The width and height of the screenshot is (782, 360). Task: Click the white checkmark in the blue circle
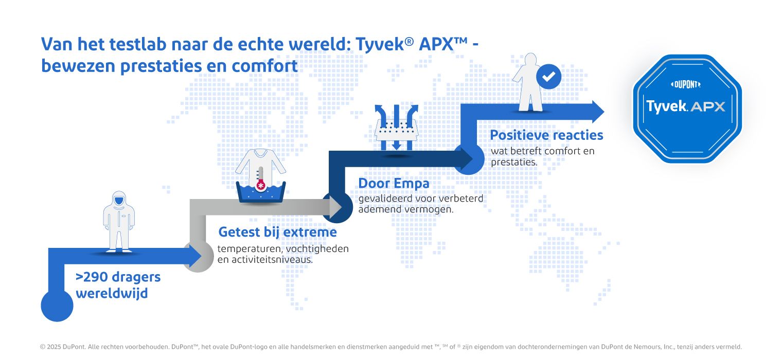(x=548, y=77)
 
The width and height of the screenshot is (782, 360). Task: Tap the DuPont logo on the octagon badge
(x=686, y=84)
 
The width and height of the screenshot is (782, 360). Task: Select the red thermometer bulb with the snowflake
(x=260, y=185)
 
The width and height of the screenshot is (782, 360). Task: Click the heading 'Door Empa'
(x=394, y=184)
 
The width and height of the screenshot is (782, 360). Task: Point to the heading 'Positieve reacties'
(x=546, y=135)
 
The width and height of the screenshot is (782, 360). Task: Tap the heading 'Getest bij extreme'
(x=277, y=232)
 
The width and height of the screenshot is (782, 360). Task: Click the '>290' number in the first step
(x=92, y=277)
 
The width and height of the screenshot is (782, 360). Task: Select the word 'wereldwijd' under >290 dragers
(x=112, y=293)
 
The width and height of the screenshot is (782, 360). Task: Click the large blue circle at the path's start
(x=57, y=305)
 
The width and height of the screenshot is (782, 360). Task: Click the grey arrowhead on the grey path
(x=335, y=207)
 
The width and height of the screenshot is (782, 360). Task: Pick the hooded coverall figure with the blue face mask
(x=119, y=221)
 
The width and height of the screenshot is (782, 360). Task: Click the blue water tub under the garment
(x=260, y=192)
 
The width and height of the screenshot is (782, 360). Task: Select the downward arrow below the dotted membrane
(x=396, y=144)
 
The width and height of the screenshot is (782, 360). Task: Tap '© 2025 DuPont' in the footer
(x=62, y=347)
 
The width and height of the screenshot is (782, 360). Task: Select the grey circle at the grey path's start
(x=199, y=257)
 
